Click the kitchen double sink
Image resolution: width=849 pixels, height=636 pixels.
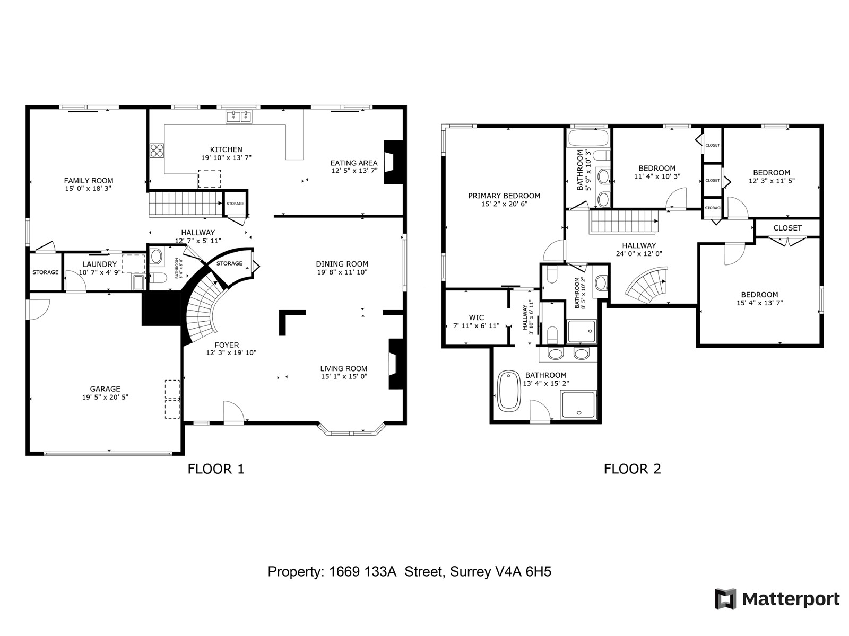tap(239, 117)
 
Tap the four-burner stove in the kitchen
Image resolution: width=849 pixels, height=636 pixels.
tap(157, 151)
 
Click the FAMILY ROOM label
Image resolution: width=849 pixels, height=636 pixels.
tap(89, 181)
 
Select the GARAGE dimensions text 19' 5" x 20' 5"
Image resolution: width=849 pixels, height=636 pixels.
tap(105, 397)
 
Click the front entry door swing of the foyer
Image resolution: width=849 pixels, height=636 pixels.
tap(233, 412)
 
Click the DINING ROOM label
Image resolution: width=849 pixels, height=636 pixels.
tap(342, 264)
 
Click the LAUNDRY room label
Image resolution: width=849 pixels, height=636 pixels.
tap(99, 264)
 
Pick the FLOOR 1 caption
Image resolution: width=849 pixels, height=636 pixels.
tap(216, 469)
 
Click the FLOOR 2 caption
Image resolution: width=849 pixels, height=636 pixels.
tap(633, 469)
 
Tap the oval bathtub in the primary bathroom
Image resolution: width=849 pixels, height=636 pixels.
tap(510, 391)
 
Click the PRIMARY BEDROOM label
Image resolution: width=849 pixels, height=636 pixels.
tap(504, 196)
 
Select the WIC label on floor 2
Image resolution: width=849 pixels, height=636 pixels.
tap(476, 318)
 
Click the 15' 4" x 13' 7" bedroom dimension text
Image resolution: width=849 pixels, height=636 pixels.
tap(759, 303)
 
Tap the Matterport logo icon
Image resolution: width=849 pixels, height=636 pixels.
tap(725, 599)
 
